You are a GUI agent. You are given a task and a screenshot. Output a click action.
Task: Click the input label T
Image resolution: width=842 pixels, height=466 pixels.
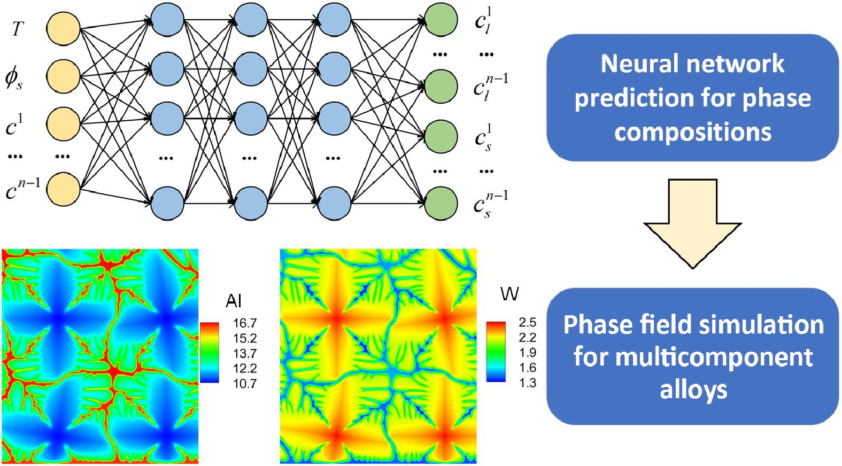pos(18,28)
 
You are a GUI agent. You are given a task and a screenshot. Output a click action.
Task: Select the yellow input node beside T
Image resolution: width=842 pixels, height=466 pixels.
pos(63,29)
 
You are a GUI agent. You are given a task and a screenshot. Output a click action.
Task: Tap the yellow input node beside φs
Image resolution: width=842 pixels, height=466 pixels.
pos(63,76)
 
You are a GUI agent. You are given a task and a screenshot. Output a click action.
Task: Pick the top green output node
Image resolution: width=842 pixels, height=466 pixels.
pos(441,20)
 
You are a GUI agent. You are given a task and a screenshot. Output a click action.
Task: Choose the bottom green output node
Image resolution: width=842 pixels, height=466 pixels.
pos(441,203)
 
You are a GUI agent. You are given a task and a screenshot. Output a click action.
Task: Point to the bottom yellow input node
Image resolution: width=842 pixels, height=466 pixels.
pos(63,189)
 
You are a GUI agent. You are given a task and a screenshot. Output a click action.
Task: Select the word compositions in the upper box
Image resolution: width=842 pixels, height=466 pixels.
pos(693,132)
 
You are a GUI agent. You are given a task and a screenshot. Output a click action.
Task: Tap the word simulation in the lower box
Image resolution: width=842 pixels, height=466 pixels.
pos(768,324)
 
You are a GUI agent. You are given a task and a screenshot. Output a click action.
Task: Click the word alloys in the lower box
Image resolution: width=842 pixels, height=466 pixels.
pos(693,390)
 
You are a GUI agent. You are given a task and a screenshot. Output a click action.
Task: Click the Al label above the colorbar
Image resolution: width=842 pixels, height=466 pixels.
pos(234,301)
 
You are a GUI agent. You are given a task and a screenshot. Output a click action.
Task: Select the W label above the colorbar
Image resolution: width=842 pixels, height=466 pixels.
pos(509,293)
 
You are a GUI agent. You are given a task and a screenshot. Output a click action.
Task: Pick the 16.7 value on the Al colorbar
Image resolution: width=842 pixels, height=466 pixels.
pos(245,323)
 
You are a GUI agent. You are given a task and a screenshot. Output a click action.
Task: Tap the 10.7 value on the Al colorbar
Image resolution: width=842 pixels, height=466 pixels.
pos(245,384)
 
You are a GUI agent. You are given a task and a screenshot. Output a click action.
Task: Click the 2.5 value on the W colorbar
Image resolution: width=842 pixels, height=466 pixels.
pos(527,322)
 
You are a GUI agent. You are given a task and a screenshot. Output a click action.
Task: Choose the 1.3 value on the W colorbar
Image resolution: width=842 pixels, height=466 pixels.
pos(527,383)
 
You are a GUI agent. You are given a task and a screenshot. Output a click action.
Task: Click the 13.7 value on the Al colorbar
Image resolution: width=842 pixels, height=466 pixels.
pos(245,353)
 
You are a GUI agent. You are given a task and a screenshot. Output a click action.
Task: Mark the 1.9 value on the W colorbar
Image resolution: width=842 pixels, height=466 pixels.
pos(527,353)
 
